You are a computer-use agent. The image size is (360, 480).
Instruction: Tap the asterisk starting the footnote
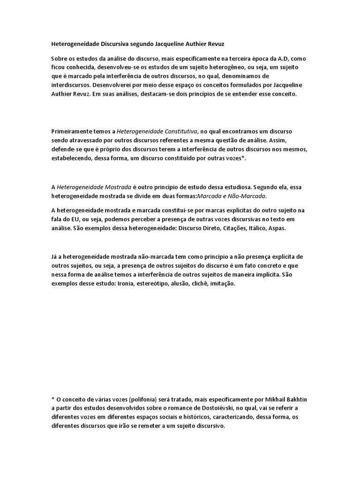[x=52, y=399]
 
